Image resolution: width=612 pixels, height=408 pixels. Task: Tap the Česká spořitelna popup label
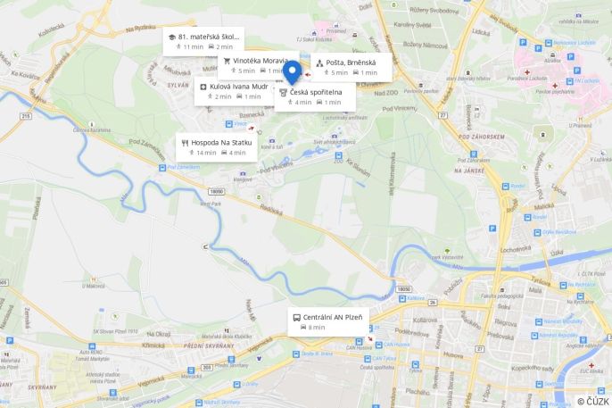coord(315,96)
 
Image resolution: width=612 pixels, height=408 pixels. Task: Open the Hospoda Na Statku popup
coord(217,147)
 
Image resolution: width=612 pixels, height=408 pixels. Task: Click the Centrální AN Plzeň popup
coord(327,321)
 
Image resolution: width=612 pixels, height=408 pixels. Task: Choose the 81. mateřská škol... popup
coord(203,41)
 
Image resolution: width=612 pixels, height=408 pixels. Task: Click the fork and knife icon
coord(185,142)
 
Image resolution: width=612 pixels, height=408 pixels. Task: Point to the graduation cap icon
coord(170,37)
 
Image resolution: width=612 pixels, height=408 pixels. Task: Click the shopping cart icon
coord(227,61)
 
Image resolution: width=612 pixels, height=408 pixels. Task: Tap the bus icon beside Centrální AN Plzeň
coord(296,317)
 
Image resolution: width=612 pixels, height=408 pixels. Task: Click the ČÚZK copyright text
coord(592,401)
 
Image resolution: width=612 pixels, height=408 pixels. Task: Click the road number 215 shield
coord(25,116)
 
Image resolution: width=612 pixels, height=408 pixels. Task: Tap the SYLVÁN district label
coord(178,83)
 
